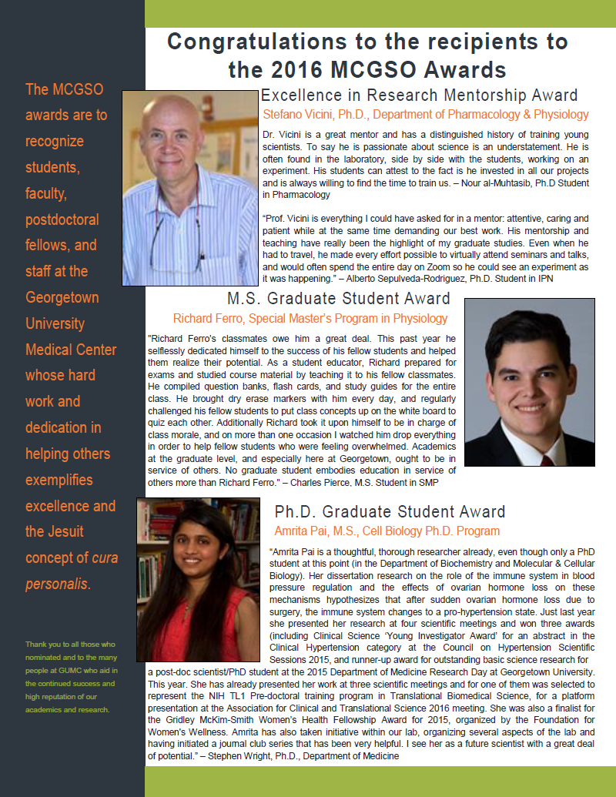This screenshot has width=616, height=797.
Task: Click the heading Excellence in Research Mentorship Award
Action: [419, 95]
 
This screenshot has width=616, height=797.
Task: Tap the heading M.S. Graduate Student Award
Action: [339, 299]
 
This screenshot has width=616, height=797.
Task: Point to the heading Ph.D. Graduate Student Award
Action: [390, 512]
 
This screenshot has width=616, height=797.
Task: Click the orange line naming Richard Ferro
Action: [310, 318]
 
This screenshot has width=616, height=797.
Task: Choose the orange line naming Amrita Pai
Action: [387, 531]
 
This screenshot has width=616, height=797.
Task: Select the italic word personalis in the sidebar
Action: [58, 584]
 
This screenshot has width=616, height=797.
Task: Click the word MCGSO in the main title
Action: [380, 70]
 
